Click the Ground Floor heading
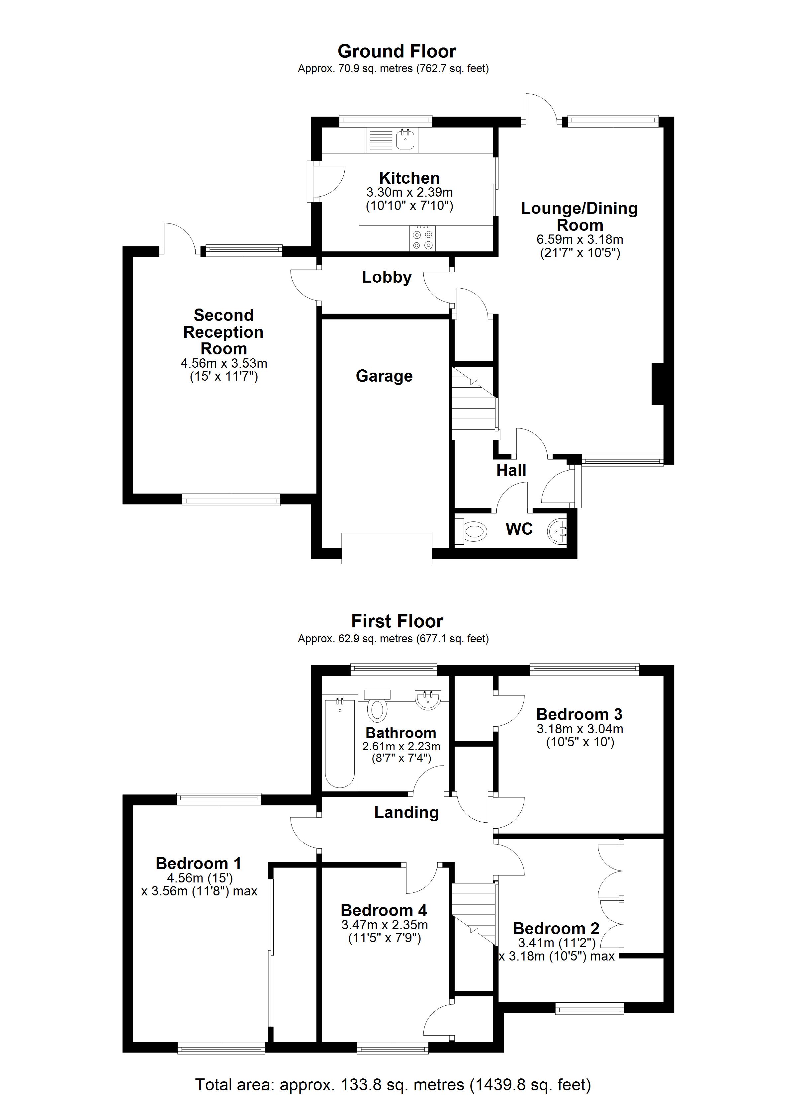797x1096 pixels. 397,51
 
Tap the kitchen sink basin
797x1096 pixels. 405,140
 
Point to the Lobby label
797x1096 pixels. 387,277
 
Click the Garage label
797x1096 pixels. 384,376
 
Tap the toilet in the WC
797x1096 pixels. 471,532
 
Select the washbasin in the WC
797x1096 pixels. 557,532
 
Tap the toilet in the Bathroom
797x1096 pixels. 378,707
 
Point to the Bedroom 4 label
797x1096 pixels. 384,910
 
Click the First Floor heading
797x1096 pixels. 397,621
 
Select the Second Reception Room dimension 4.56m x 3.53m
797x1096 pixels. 224,363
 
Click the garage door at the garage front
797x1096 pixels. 387,548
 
